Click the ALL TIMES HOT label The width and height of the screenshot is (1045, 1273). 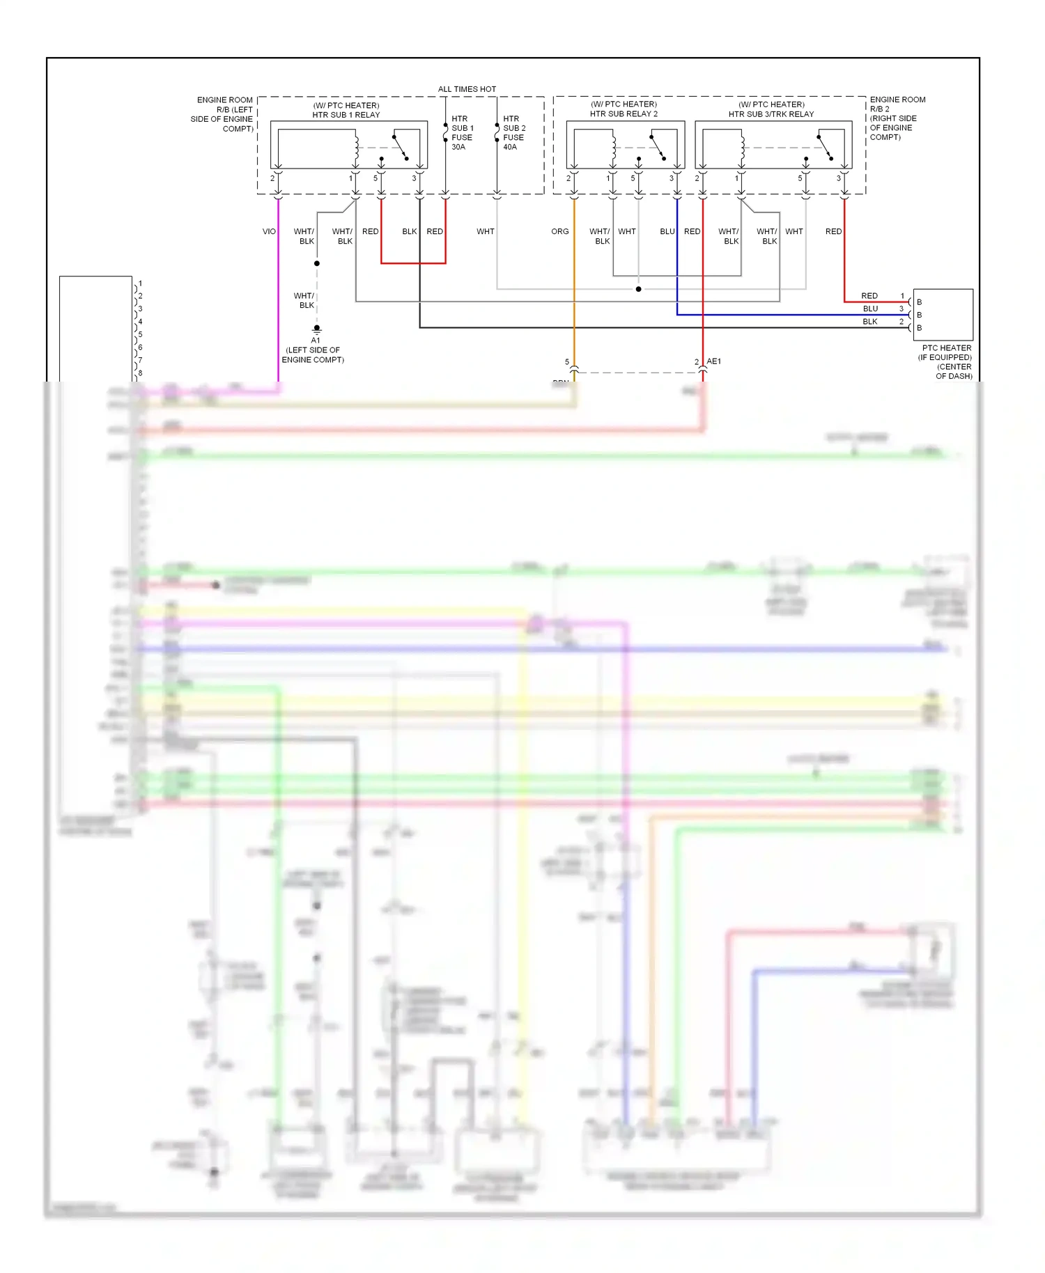pos(467,89)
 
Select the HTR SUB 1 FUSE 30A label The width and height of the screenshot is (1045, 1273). pos(462,133)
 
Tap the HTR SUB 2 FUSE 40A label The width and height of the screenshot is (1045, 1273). pos(514,133)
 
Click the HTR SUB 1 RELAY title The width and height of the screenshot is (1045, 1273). pos(346,115)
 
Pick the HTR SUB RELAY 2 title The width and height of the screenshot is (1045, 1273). pos(624,114)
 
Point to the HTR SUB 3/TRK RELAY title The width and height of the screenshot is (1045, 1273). pos(771,114)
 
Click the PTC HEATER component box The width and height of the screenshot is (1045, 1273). pos(943,314)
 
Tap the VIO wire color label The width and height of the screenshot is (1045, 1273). pos(269,231)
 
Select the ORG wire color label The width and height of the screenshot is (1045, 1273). pos(560,231)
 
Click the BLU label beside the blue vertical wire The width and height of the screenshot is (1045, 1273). pos(667,231)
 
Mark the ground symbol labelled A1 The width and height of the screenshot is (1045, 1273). pos(316,329)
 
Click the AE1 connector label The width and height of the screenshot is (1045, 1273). pos(714,361)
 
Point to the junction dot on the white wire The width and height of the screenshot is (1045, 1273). pos(638,289)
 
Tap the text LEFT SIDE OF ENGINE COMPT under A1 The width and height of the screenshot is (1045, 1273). pos(313,355)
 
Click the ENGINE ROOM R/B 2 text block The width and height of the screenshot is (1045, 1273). pos(897,118)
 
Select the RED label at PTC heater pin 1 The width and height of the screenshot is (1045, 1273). pos(869,296)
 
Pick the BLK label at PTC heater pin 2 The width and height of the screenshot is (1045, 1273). pos(870,322)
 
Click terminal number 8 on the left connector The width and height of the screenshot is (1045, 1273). pos(140,373)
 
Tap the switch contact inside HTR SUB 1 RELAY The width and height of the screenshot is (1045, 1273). pos(401,147)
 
